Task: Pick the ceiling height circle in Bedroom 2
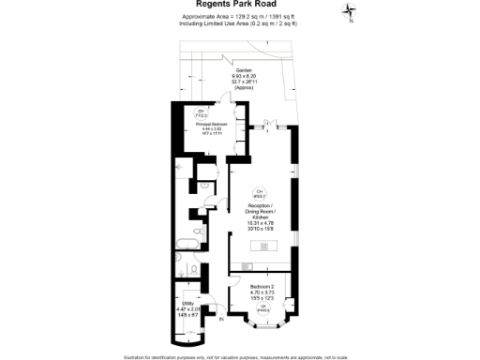click(264, 307)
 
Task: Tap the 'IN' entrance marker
click(221, 321)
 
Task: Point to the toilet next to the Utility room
click(191, 272)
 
